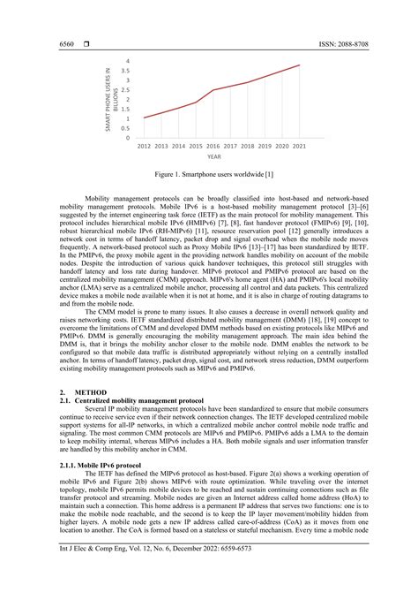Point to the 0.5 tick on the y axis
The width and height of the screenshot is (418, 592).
tap(126, 128)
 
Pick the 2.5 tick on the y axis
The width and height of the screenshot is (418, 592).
tap(126, 90)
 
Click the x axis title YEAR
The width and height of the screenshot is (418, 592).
tap(214, 156)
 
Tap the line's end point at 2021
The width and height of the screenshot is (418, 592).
tap(300, 65)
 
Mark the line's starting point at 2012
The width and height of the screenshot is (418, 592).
tap(144, 118)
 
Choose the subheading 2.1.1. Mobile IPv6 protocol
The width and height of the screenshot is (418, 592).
tap(99, 465)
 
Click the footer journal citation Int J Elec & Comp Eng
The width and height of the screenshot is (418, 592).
tap(153, 576)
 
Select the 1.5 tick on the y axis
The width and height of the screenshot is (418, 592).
tap(126, 109)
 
